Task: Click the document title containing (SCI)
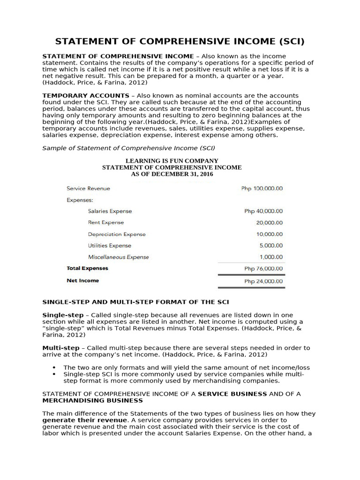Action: click(x=180, y=41)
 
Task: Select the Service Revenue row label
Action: click(x=89, y=188)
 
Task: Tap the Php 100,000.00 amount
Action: click(x=262, y=188)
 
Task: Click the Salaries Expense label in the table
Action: click(x=110, y=211)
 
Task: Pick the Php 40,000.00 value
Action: click(x=263, y=211)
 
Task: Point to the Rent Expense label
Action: click(x=106, y=223)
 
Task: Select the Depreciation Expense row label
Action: click(x=117, y=234)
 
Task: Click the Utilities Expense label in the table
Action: click(x=110, y=246)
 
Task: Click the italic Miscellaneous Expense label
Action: click(x=118, y=257)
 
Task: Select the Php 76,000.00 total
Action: click(x=263, y=269)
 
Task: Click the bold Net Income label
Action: click(x=83, y=281)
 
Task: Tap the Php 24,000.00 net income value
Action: click(x=263, y=281)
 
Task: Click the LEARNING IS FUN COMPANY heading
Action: click(x=172, y=161)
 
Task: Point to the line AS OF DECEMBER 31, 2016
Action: click(x=172, y=174)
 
